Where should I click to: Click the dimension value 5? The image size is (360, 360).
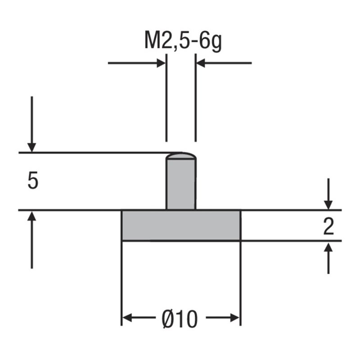tap(33, 181)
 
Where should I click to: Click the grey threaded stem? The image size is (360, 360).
tap(181, 184)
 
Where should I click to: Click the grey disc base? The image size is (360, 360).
tap(181, 225)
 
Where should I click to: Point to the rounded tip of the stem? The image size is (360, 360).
tap(181, 155)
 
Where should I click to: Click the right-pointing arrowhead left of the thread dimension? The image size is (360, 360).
tap(161, 63)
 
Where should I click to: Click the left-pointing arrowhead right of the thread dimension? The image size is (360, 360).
tap(201, 63)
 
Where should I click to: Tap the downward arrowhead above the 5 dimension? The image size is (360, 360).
tap(31, 147)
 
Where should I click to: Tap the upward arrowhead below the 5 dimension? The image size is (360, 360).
tap(31, 217)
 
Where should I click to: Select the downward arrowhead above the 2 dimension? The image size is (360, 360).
tap(329, 204)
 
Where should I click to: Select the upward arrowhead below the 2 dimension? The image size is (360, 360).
tap(329, 247)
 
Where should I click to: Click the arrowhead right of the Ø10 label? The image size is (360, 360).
tap(234, 318)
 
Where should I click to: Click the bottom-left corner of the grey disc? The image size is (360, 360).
tap(123, 240)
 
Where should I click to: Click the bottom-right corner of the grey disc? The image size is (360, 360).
tap(240, 240)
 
